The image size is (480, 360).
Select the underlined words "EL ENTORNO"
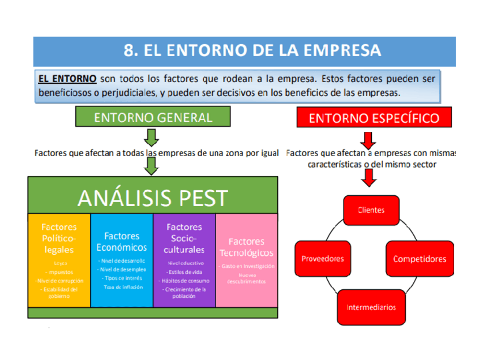pyautogui.click(x=67, y=78)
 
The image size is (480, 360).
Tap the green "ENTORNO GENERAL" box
pyautogui.click(x=153, y=118)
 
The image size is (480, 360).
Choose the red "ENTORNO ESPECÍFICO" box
pyautogui.click(x=374, y=118)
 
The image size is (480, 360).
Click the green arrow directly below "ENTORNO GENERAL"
pyautogui.click(x=151, y=138)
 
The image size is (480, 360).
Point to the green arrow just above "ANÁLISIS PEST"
pyautogui.click(x=151, y=166)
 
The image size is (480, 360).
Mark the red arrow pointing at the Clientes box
pyautogui.click(x=369, y=178)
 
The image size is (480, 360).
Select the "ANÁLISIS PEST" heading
pyautogui.click(x=153, y=198)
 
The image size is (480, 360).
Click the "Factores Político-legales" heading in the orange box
pyautogui.click(x=59, y=238)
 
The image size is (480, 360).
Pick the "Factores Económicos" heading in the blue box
pyautogui.click(x=122, y=242)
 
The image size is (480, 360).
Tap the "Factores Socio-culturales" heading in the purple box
pyautogui.click(x=184, y=238)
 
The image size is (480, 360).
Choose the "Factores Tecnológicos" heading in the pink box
pyautogui.click(x=246, y=247)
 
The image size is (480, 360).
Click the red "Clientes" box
pyautogui.click(x=371, y=210)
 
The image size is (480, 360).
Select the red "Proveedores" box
pyautogui.click(x=323, y=259)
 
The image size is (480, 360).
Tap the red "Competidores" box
pyautogui.click(x=419, y=259)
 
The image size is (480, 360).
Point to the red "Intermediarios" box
pyautogui.click(x=371, y=307)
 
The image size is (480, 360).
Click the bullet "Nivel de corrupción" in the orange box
pyautogui.click(x=59, y=280)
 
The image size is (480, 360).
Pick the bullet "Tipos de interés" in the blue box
pyautogui.click(x=122, y=278)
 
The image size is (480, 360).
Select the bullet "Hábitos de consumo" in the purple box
pyautogui.click(x=184, y=281)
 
